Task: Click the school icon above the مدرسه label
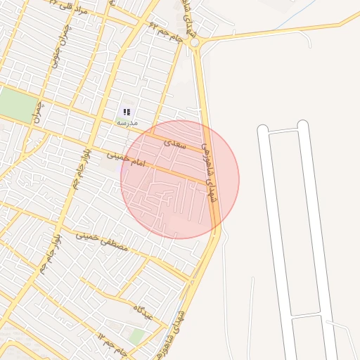[127, 112]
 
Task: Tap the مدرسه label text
[127, 123]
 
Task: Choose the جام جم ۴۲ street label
[166, 32]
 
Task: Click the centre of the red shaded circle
[180, 179]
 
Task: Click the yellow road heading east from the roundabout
[274, 32]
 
